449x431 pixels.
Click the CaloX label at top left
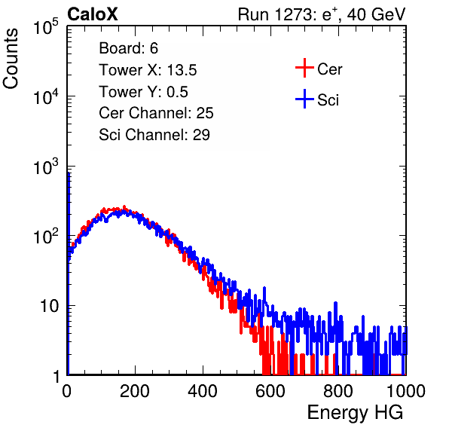(93, 14)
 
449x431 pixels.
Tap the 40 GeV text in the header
(376, 14)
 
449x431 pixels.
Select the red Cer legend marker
(304, 68)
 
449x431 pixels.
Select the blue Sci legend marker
(304, 99)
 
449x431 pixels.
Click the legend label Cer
(329, 69)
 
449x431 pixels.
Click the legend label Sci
(328, 100)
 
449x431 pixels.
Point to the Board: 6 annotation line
(128, 48)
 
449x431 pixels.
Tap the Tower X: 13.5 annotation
(148, 70)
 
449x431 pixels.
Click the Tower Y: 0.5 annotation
(143, 92)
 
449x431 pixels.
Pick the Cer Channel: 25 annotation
(156, 113)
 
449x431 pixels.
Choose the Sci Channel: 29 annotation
(154, 135)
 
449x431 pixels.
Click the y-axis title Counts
(11, 59)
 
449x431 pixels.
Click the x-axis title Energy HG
(355, 413)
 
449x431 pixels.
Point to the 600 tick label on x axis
(270, 391)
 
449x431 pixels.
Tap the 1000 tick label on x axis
(406, 391)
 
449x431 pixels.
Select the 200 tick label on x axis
(135, 391)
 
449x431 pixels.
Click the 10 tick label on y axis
(49, 306)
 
